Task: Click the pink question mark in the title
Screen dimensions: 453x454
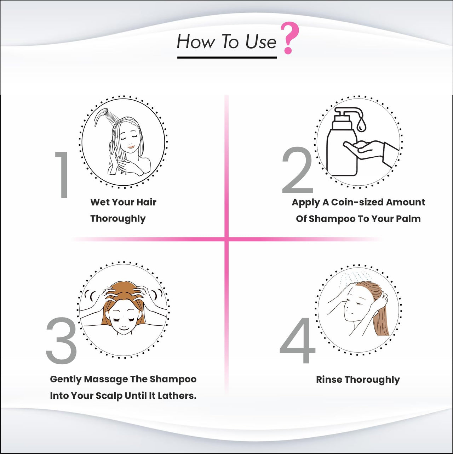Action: tap(290, 38)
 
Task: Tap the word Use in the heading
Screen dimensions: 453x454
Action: tap(260, 42)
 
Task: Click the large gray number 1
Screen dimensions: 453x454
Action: tap(62, 175)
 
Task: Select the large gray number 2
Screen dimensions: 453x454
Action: tap(297, 170)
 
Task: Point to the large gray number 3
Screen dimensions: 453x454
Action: tap(62, 341)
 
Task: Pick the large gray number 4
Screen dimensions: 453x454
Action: tap(297, 340)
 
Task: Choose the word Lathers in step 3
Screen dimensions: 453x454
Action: tap(177, 396)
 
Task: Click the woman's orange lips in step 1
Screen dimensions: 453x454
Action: tap(131, 147)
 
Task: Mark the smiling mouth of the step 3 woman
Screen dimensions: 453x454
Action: tap(124, 329)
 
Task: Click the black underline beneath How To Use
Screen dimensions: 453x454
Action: tap(227, 57)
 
